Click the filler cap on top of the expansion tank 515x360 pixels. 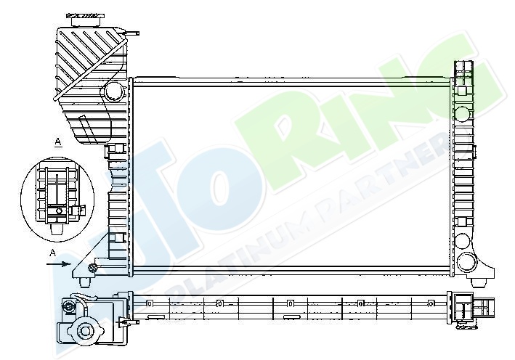click(86, 20)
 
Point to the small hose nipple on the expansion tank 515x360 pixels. click(131, 33)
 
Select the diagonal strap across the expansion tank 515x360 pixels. click(89, 70)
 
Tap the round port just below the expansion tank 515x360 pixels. click(114, 91)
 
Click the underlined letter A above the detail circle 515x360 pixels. click(58, 142)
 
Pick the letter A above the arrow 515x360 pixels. click(52, 253)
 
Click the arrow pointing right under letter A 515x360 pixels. click(58, 264)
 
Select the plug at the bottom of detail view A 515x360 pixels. click(57, 229)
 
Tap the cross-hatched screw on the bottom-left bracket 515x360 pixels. click(92, 268)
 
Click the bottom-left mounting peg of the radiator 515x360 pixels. click(86, 282)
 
